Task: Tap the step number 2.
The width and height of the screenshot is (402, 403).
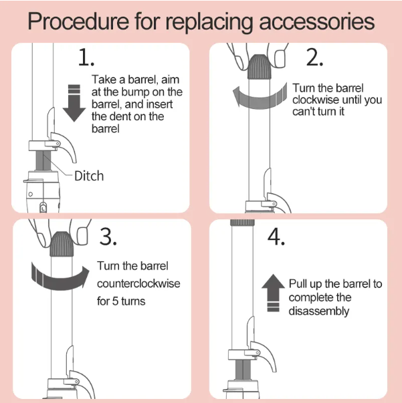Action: (315, 58)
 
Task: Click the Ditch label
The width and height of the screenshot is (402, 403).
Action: (89, 176)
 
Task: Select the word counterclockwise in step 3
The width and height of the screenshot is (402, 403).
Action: (138, 283)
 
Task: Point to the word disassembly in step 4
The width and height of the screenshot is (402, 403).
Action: (319, 311)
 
